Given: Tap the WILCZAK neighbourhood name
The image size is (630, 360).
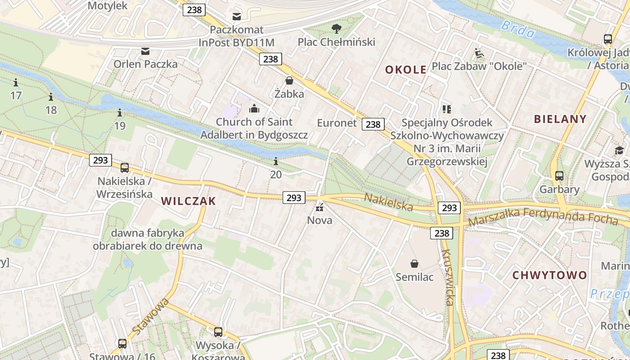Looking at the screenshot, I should [x=189, y=201].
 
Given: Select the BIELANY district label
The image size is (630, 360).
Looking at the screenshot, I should [x=560, y=119].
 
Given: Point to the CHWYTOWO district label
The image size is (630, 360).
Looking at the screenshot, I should [x=549, y=275].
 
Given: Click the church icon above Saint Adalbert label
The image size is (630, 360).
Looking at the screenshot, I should [x=254, y=108].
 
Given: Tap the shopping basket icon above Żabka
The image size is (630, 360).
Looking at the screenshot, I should [x=289, y=81].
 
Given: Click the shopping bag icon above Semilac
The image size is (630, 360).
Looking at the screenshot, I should [x=414, y=264].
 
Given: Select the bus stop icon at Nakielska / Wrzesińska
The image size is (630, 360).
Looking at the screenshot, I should [x=125, y=168].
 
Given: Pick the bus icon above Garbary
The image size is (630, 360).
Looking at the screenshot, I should [x=559, y=176].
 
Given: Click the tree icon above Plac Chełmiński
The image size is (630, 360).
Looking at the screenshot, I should [x=336, y=29].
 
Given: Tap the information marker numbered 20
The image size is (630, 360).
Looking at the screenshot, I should [x=276, y=161].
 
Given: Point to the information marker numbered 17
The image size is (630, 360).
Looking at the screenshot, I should [x=16, y=83].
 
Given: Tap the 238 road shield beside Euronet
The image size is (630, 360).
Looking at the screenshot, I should [x=373, y=124].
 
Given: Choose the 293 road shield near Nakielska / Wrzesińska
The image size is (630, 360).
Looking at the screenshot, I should [x=100, y=160].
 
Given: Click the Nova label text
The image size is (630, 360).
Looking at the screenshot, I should [x=319, y=220].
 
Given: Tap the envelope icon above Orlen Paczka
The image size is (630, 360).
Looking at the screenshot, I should [x=145, y=51].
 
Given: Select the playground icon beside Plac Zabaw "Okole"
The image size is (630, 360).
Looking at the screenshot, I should [x=479, y=54].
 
